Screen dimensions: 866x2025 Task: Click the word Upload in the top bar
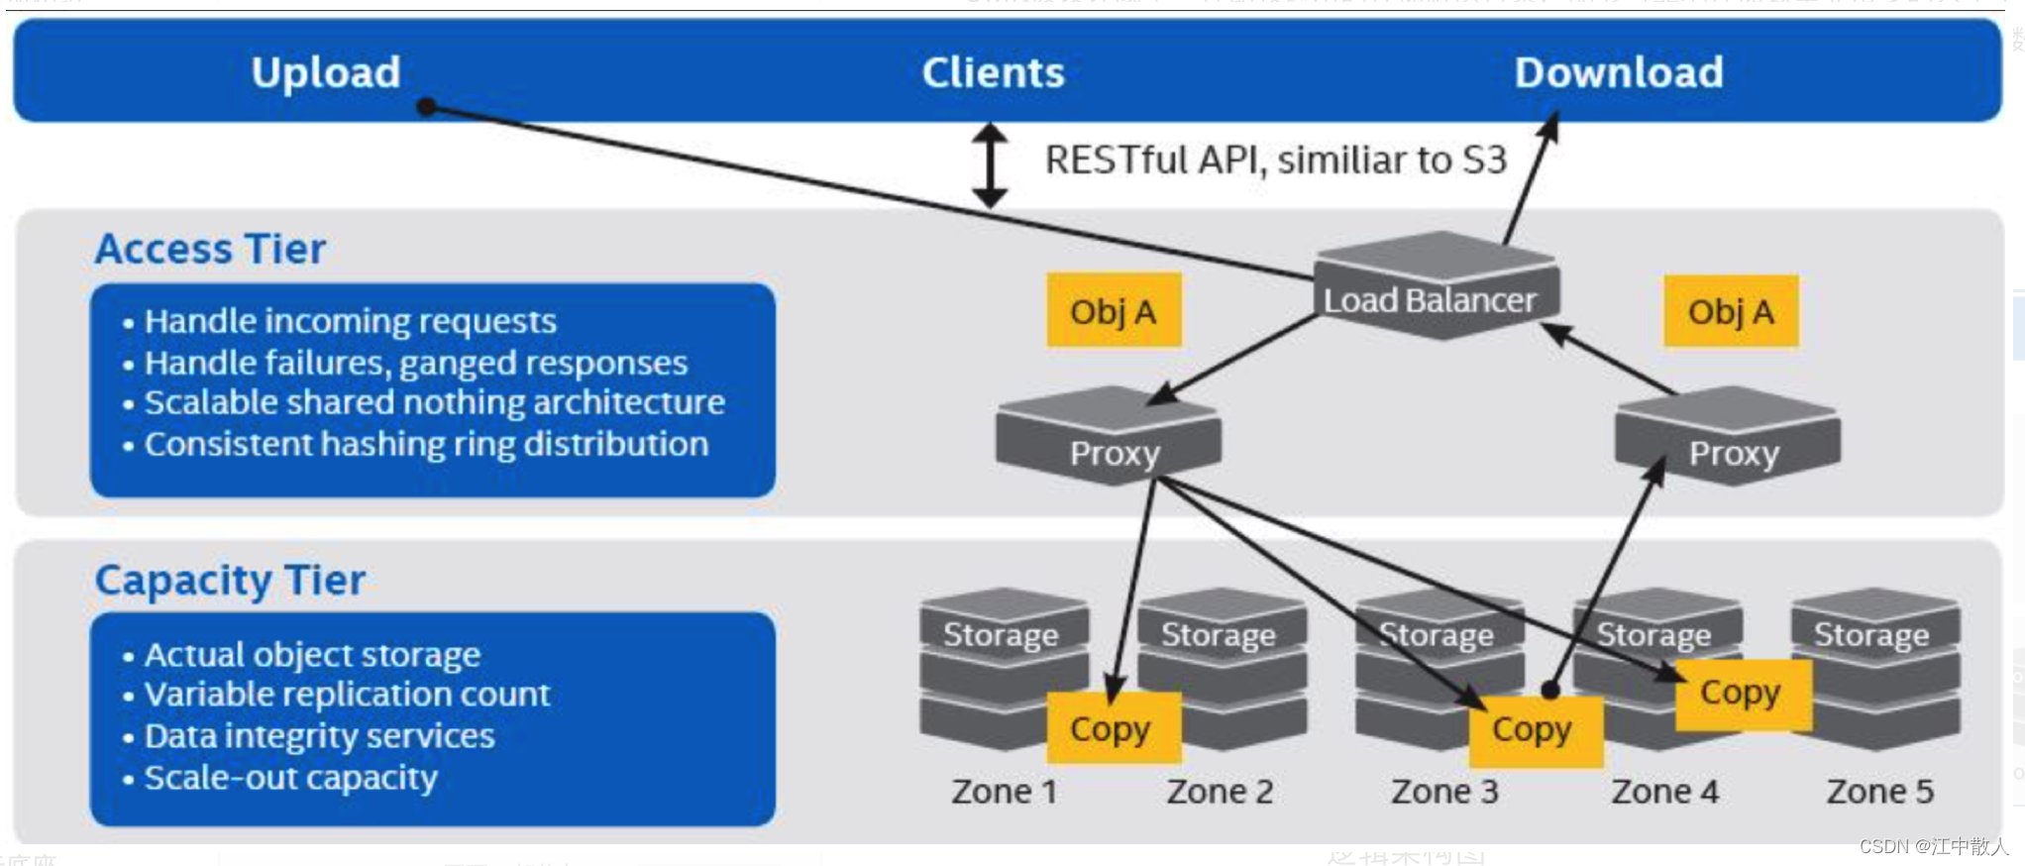[325, 72]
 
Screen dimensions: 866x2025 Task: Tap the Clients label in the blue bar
[993, 72]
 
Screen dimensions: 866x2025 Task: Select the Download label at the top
[1619, 72]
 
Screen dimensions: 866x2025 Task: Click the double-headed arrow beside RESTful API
[990, 164]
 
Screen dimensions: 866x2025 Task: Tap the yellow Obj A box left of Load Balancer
[1114, 311]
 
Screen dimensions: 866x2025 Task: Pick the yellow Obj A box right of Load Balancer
[1731, 311]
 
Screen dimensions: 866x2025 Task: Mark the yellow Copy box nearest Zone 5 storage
[1742, 694]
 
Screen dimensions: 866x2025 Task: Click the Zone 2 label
[1220, 792]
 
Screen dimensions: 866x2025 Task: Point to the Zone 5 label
[1879, 792]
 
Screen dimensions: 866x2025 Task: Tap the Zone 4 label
[1664, 792]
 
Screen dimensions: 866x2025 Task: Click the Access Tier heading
[210, 249]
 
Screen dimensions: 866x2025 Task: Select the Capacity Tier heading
[230, 580]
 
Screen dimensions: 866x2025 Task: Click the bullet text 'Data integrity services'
[319, 736]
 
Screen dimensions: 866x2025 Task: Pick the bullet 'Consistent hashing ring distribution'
[426, 445]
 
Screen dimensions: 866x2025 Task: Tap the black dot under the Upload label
[427, 106]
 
